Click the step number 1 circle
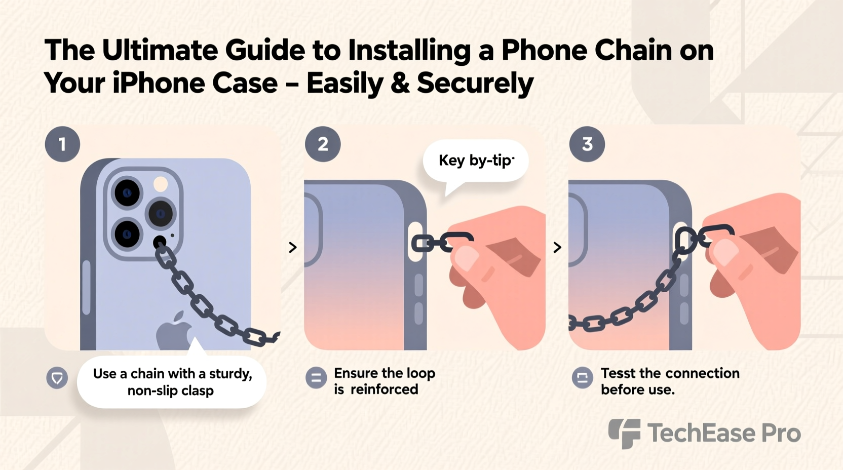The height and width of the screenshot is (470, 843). tap(62, 144)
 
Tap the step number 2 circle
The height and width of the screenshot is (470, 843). tap(323, 144)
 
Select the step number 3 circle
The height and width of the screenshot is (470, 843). tap(587, 144)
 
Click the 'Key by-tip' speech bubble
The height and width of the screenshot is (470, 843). tap(476, 161)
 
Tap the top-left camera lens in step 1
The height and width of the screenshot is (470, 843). tap(127, 193)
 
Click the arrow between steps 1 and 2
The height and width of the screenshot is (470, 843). tap(292, 247)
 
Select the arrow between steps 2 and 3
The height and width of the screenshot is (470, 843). tap(557, 247)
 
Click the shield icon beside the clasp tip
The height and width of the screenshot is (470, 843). tap(57, 378)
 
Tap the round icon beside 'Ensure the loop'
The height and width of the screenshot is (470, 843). tap(316, 378)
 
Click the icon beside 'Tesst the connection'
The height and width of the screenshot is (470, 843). tap(582, 378)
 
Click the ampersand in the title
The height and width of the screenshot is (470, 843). tap(400, 84)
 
